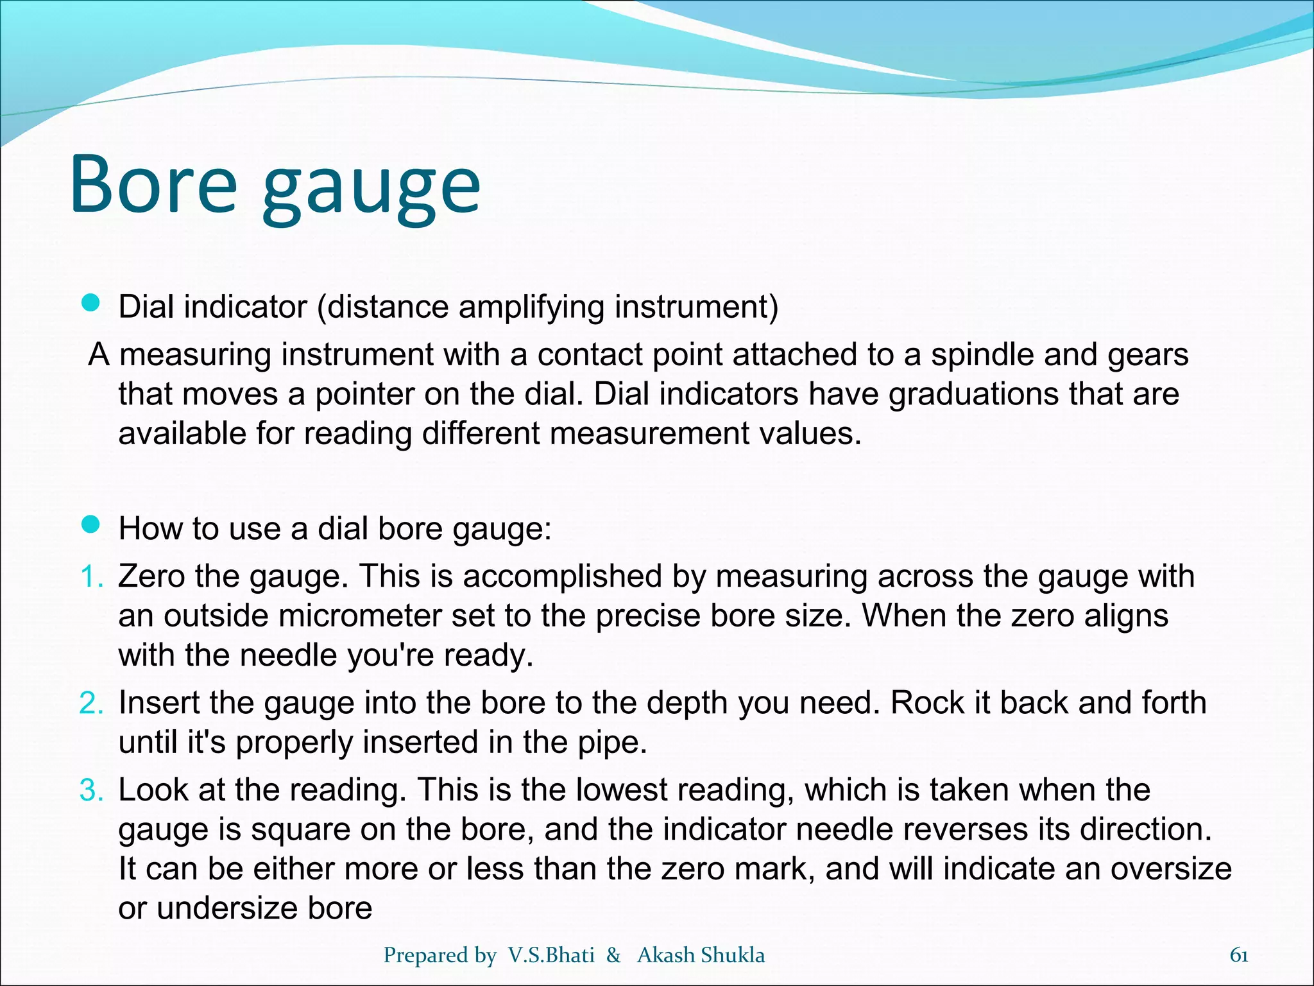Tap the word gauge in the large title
coord(371,189)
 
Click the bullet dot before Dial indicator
coord(92,303)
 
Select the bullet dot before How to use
coord(92,525)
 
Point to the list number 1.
coord(91,576)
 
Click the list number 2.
coord(91,703)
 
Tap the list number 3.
coord(91,790)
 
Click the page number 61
coord(1239,955)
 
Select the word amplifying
coord(531,307)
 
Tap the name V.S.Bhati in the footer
coord(551,955)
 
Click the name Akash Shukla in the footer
coord(701,955)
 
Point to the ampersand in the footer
coord(613,955)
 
